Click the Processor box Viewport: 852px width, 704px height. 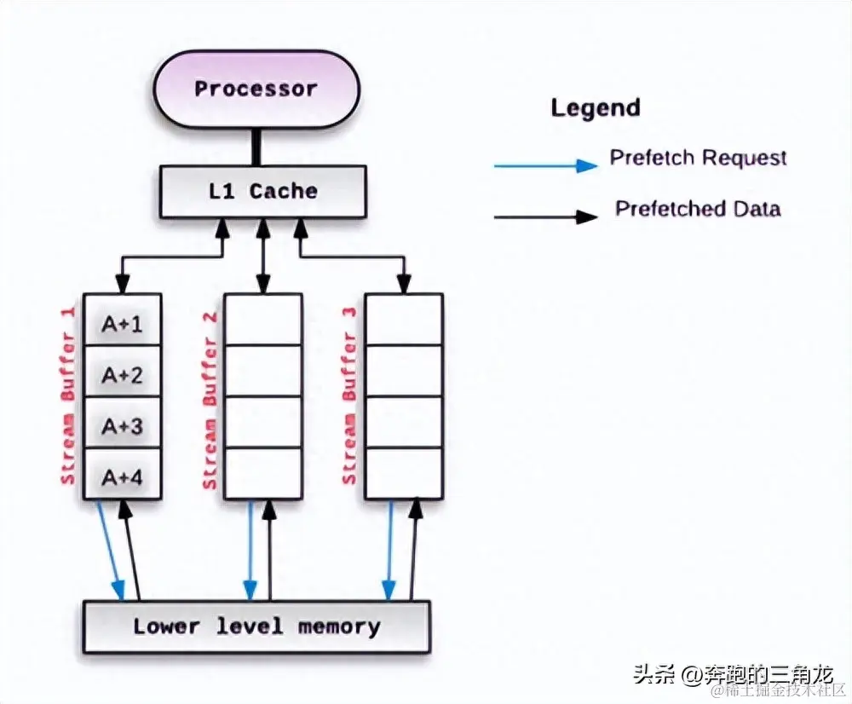pyautogui.click(x=256, y=89)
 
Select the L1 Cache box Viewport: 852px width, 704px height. pyautogui.click(x=262, y=191)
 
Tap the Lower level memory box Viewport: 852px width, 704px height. pyautogui.click(x=256, y=626)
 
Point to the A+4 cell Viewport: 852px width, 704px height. pyautogui.click(x=122, y=476)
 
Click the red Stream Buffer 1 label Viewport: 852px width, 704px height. pyautogui.click(x=68, y=396)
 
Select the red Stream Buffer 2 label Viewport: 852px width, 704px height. pyautogui.click(x=210, y=401)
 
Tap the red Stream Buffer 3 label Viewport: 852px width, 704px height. pyautogui.click(x=349, y=396)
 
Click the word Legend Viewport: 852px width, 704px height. pyautogui.click(x=596, y=108)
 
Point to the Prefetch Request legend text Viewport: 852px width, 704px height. pyautogui.click(x=698, y=158)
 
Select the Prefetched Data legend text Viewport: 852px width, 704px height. pyautogui.click(x=698, y=209)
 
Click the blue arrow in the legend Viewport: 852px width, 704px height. pyautogui.click(x=545, y=165)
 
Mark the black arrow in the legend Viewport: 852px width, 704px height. pyautogui.click(x=545, y=216)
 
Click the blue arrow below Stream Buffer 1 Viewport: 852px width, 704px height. pyautogui.click(x=110, y=550)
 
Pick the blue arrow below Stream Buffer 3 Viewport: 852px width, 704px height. pyautogui.click(x=389, y=550)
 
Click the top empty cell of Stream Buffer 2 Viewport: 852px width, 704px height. pyautogui.click(x=262, y=319)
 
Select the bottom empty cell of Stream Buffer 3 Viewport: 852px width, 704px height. pyautogui.click(x=403, y=474)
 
